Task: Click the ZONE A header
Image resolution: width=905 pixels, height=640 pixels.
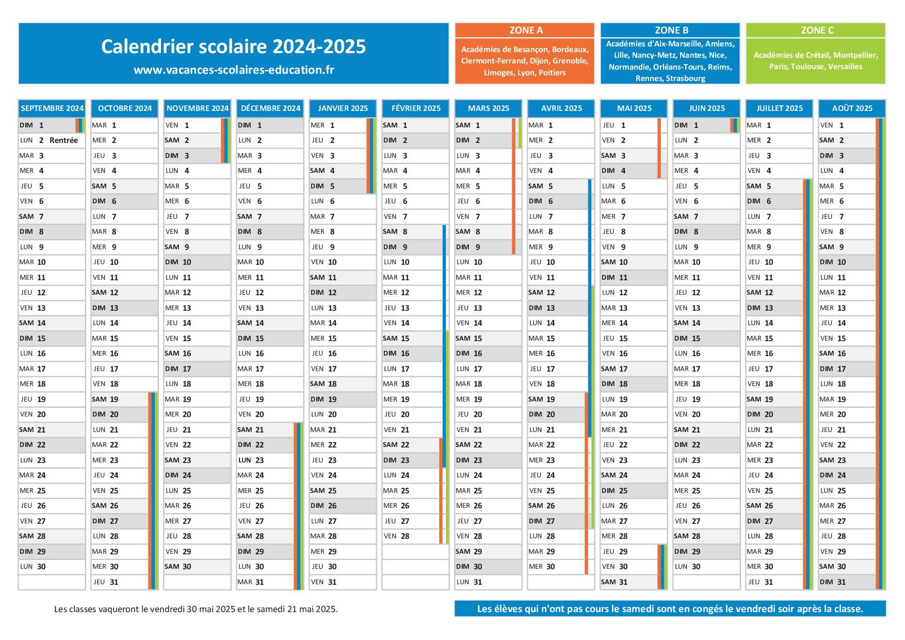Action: coord(525,30)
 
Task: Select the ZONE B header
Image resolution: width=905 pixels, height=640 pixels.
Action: coord(670,30)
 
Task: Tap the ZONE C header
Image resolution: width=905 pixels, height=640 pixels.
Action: coord(816,30)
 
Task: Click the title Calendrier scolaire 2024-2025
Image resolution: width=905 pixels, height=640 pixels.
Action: coord(233,46)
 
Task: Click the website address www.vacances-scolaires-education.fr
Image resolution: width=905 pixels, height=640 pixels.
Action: coord(233,70)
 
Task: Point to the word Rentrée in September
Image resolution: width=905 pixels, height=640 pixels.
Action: coord(63,140)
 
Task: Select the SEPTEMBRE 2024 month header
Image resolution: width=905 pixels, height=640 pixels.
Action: coord(52,108)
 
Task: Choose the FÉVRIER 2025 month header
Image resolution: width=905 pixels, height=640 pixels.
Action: coord(416,108)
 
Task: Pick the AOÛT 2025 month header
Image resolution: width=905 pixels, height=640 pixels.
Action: coord(852,108)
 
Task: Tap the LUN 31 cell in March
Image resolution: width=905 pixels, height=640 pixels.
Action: coord(488,582)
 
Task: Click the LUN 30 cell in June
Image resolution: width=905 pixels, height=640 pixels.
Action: coord(706,567)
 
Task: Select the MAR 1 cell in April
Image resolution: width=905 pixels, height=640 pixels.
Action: coord(561,125)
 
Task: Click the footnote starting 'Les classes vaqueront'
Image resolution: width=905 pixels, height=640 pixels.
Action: coord(196,609)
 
